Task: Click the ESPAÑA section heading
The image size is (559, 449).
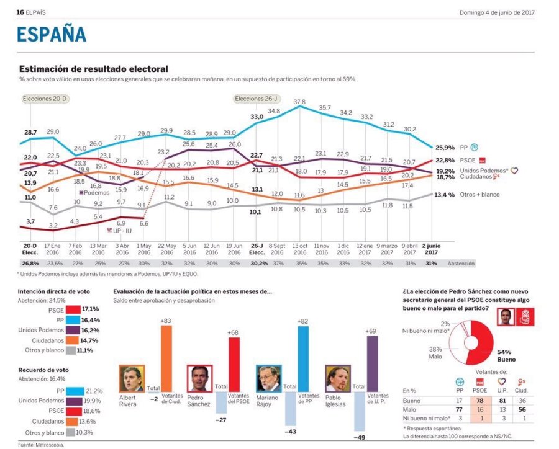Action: click(x=52, y=35)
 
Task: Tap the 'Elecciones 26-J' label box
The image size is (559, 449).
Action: click(x=255, y=99)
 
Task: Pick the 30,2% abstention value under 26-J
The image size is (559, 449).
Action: click(x=256, y=263)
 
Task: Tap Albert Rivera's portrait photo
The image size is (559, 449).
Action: click(x=132, y=378)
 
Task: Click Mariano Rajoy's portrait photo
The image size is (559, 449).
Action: click(x=269, y=378)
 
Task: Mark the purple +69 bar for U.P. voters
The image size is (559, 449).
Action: click(x=372, y=364)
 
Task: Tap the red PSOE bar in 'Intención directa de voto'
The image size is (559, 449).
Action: click(x=73, y=309)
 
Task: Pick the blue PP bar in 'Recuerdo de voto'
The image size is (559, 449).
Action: click(x=75, y=391)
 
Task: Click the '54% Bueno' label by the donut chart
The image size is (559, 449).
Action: click(x=507, y=355)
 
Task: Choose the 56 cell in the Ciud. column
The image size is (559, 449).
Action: click(x=524, y=411)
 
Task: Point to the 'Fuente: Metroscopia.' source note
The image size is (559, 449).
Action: click(x=41, y=445)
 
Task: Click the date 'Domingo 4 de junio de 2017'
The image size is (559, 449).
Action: click(x=497, y=12)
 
